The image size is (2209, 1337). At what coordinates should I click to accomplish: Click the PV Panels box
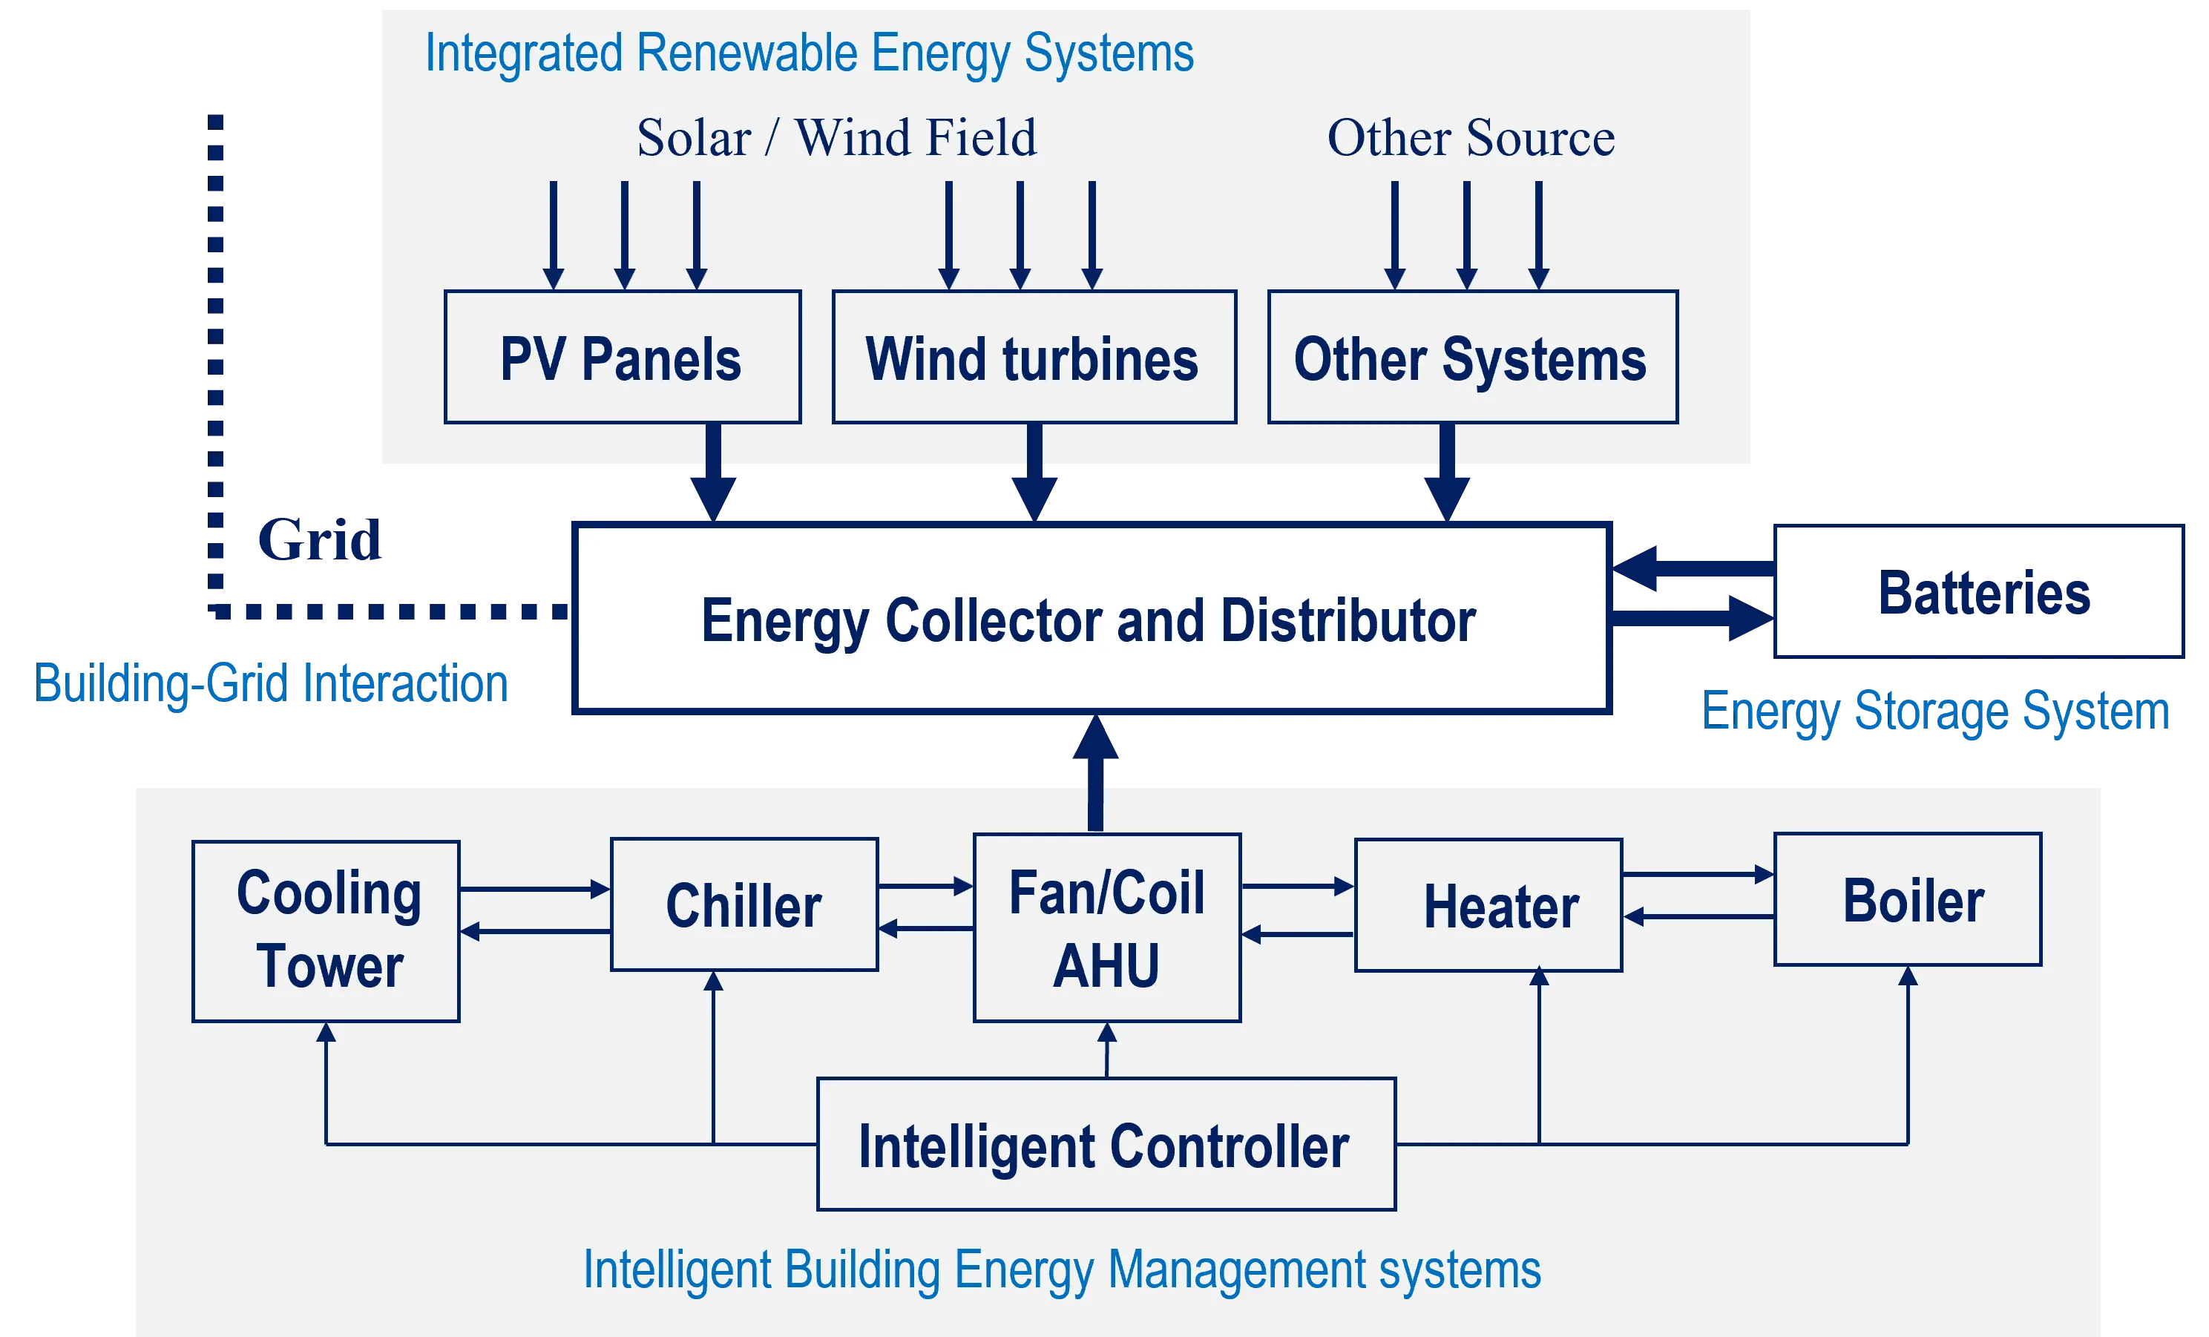pyautogui.click(x=622, y=357)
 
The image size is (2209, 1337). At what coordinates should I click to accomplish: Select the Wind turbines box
pyautogui.click(x=1034, y=357)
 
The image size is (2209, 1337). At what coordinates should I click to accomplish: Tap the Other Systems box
pyautogui.click(x=1472, y=357)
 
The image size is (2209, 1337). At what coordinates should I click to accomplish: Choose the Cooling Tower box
pyautogui.click(x=326, y=931)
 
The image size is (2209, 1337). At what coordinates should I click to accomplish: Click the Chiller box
pyautogui.click(x=744, y=904)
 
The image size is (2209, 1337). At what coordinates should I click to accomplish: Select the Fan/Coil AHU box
pyautogui.click(x=1107, y=927)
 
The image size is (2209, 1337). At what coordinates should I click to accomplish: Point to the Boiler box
pyautogui.click(x=1908, y=899)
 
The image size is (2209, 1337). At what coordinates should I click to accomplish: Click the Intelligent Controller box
pyautogui.click(x=1106, y=1144)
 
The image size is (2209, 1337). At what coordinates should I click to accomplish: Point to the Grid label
pyautogui.click(x=319, y=540)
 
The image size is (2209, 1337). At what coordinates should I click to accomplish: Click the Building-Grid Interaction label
pyautogui.click(x=272, y=684)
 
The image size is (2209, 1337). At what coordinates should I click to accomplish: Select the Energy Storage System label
pyautogui.click(x=1937, y=711)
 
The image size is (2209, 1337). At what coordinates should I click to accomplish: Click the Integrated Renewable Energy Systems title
pyautogui.click(x=809, y=53)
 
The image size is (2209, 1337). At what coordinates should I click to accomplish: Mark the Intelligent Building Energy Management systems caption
pyautogui.click(x=1062, y=1269)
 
